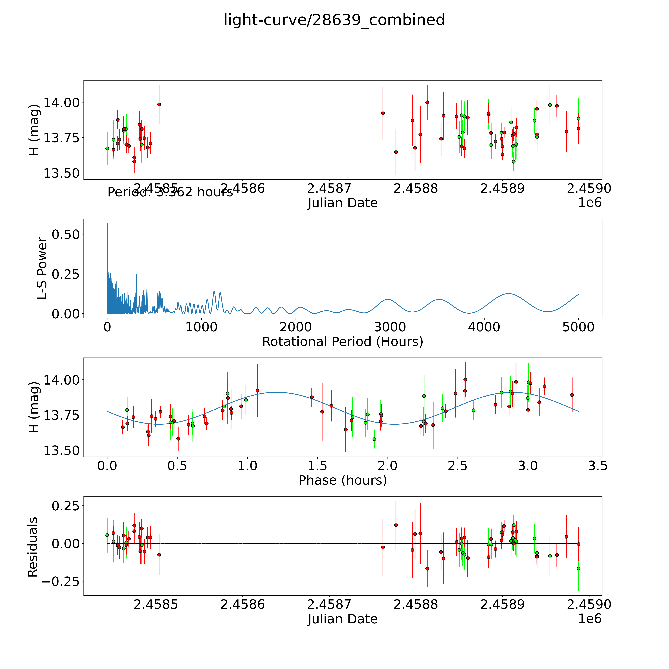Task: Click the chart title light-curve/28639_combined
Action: click(x=334, y=20)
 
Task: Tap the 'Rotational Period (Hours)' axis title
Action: click(x=342, y=342)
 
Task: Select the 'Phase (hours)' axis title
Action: click(x=342, y=480)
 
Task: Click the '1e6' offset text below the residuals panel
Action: click(x=590, y=618)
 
